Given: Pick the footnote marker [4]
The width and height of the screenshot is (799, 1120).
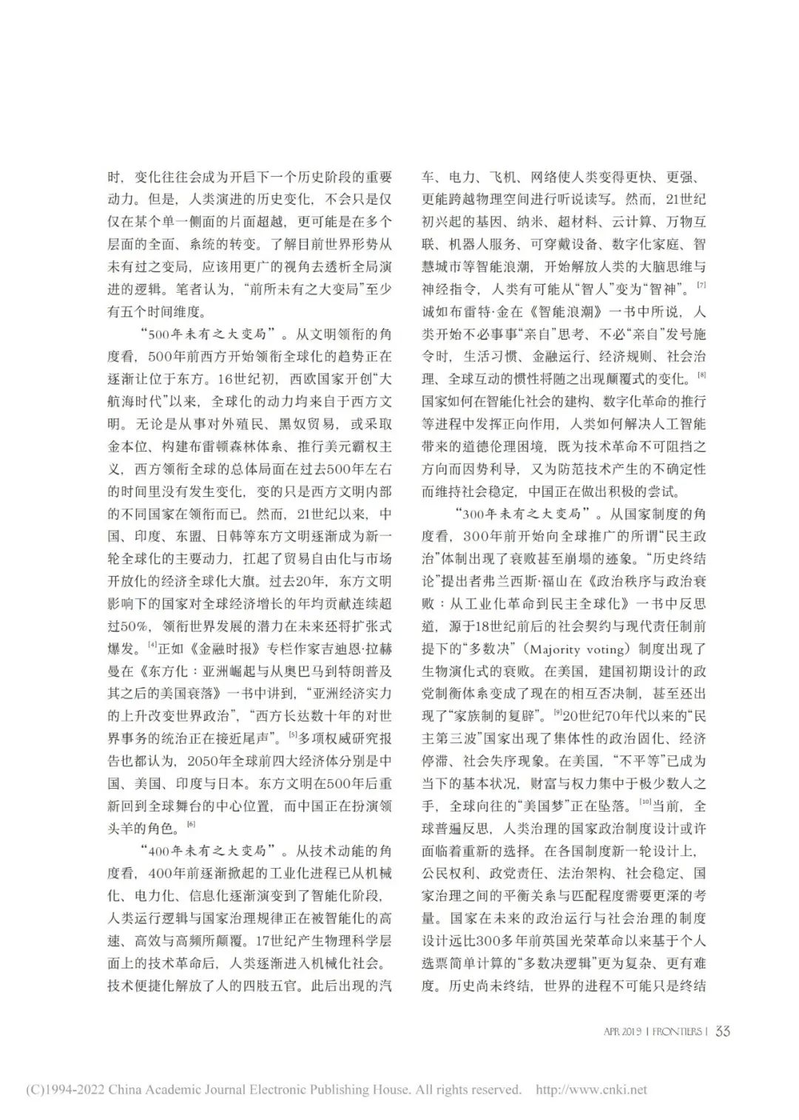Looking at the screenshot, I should [152, 645].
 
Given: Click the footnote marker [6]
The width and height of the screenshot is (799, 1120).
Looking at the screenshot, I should [190, 824].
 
